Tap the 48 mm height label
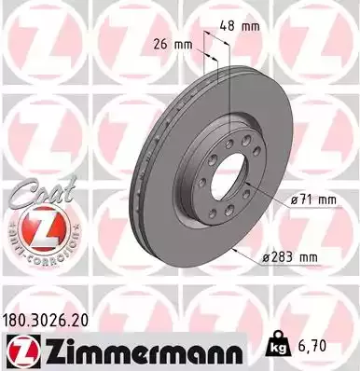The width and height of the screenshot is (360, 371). coord(244,27)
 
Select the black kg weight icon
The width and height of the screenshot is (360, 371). coord(276,346)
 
